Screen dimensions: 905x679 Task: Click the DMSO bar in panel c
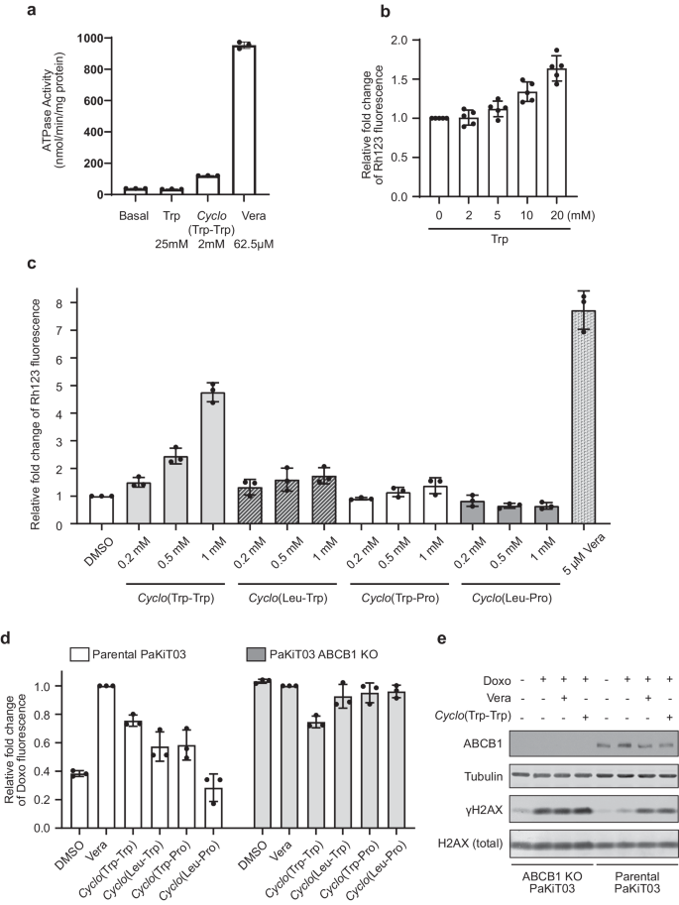coord(101,509)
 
